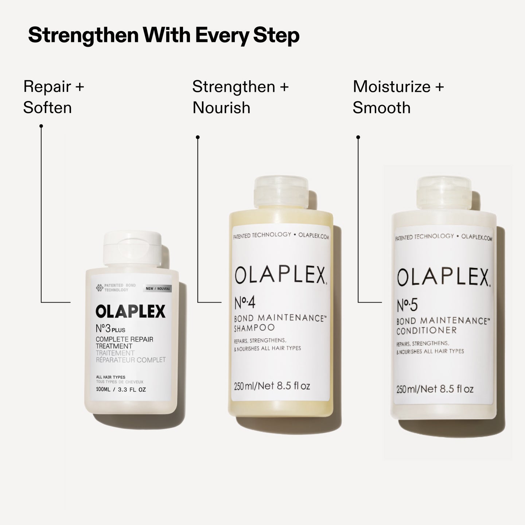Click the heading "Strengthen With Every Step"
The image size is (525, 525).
coord(164,36)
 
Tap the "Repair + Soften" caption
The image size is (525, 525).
coord(54,97)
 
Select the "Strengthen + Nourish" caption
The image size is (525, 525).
coord(240,97)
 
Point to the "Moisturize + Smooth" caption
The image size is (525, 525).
coord(398,97)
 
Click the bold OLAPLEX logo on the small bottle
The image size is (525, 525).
coord(131,312)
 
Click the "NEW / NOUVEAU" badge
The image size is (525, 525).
coord(157,288)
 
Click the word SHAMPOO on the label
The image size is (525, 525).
coord(254,328)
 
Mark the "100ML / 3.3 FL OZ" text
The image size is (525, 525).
coord(121,390)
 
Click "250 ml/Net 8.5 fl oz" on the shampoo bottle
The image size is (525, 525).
coord(272,386)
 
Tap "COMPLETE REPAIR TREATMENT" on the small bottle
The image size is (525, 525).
coord(124,342)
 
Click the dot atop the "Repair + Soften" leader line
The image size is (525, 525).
coord(41,126)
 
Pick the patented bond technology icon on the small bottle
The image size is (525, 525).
coord(100,288)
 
